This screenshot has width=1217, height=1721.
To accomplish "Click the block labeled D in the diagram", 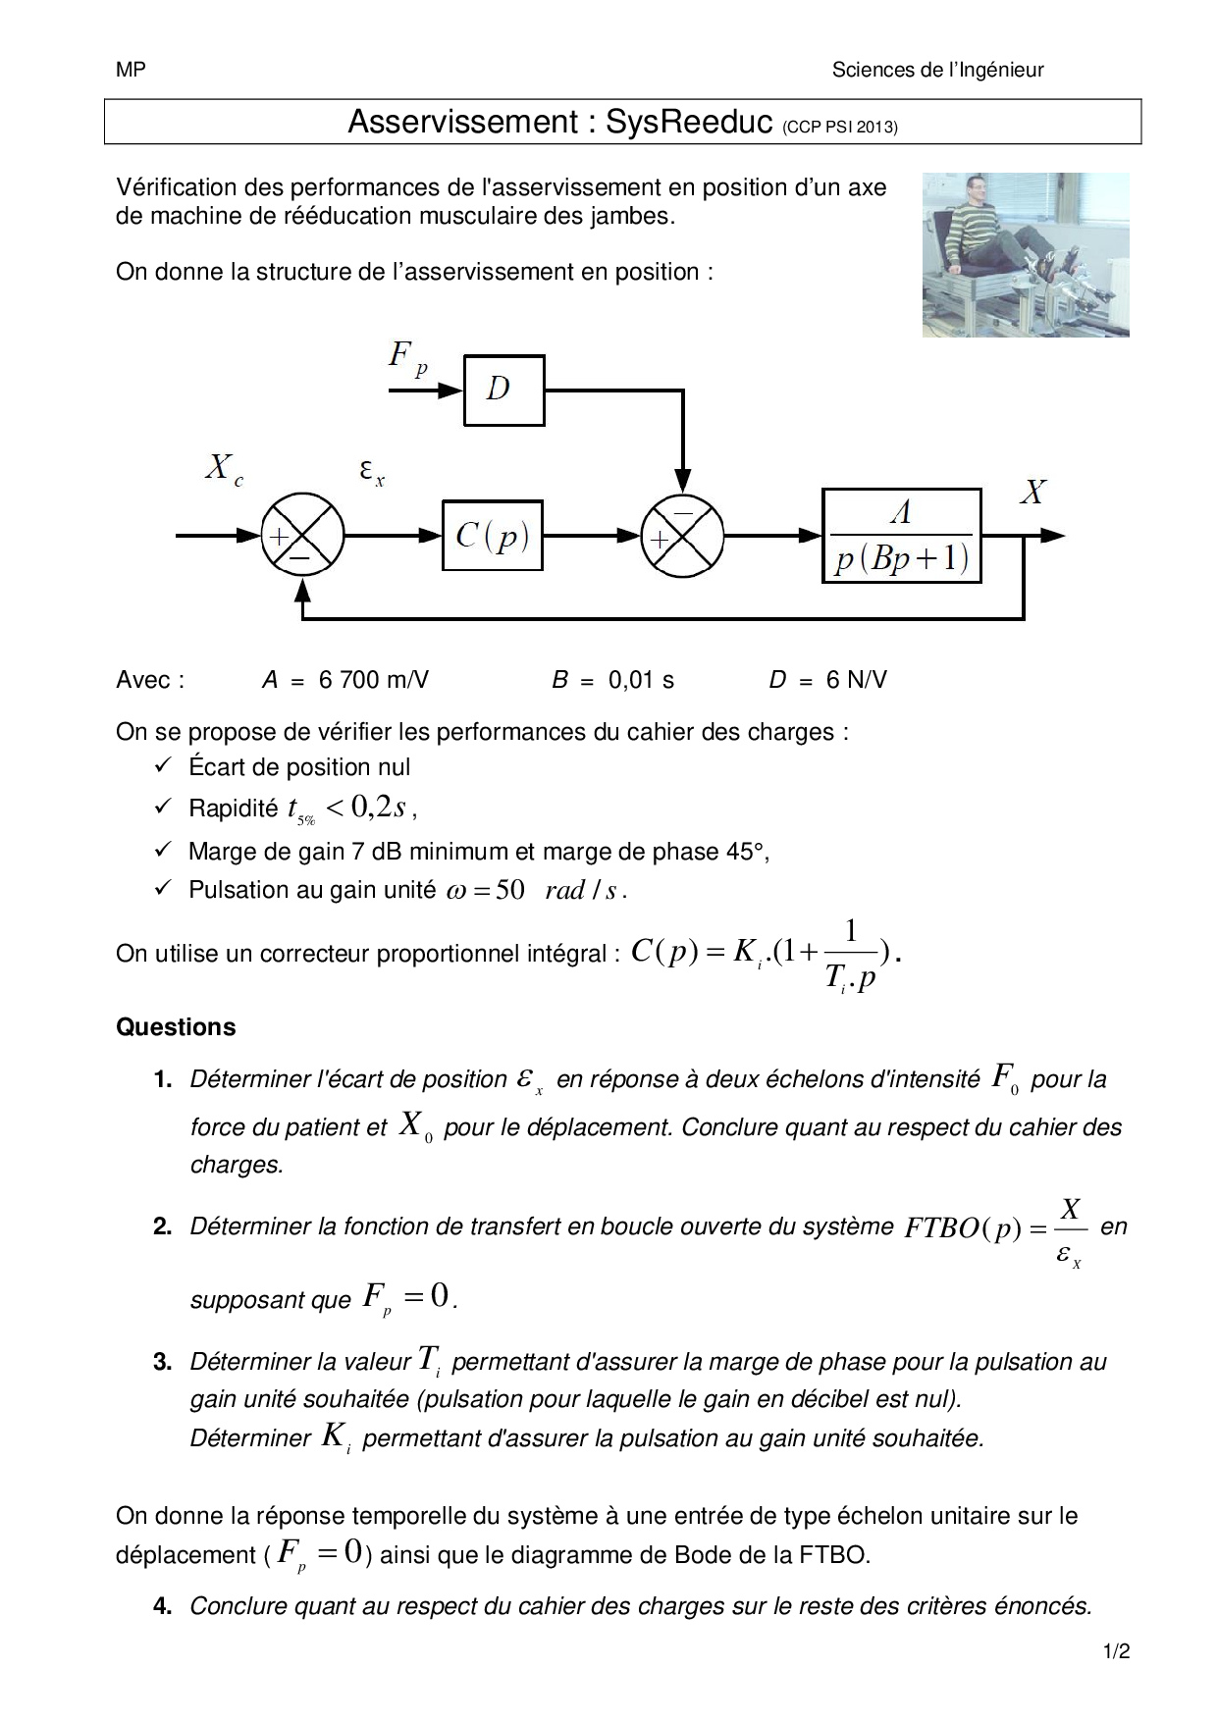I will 503,390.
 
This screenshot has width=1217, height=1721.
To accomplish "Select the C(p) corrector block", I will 492,536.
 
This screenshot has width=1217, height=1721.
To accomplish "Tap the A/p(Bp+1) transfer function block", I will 901,536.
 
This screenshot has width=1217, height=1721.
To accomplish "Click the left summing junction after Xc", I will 302,536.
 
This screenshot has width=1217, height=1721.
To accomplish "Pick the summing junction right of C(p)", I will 682,536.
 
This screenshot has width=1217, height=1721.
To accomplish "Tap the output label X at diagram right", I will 1032,493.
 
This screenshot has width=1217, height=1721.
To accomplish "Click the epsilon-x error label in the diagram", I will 371,474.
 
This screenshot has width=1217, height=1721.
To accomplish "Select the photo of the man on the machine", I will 1026,255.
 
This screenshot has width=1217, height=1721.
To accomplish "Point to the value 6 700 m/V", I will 373,680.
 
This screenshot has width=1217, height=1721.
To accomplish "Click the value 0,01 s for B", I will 641,680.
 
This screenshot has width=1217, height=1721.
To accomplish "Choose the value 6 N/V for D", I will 856,680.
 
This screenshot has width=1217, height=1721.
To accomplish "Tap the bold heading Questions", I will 176,1027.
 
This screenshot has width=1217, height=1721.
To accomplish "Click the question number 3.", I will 163,1362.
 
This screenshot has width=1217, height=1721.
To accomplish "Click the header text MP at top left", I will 131,70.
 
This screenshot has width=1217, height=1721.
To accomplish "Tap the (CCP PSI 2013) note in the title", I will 840,127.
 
